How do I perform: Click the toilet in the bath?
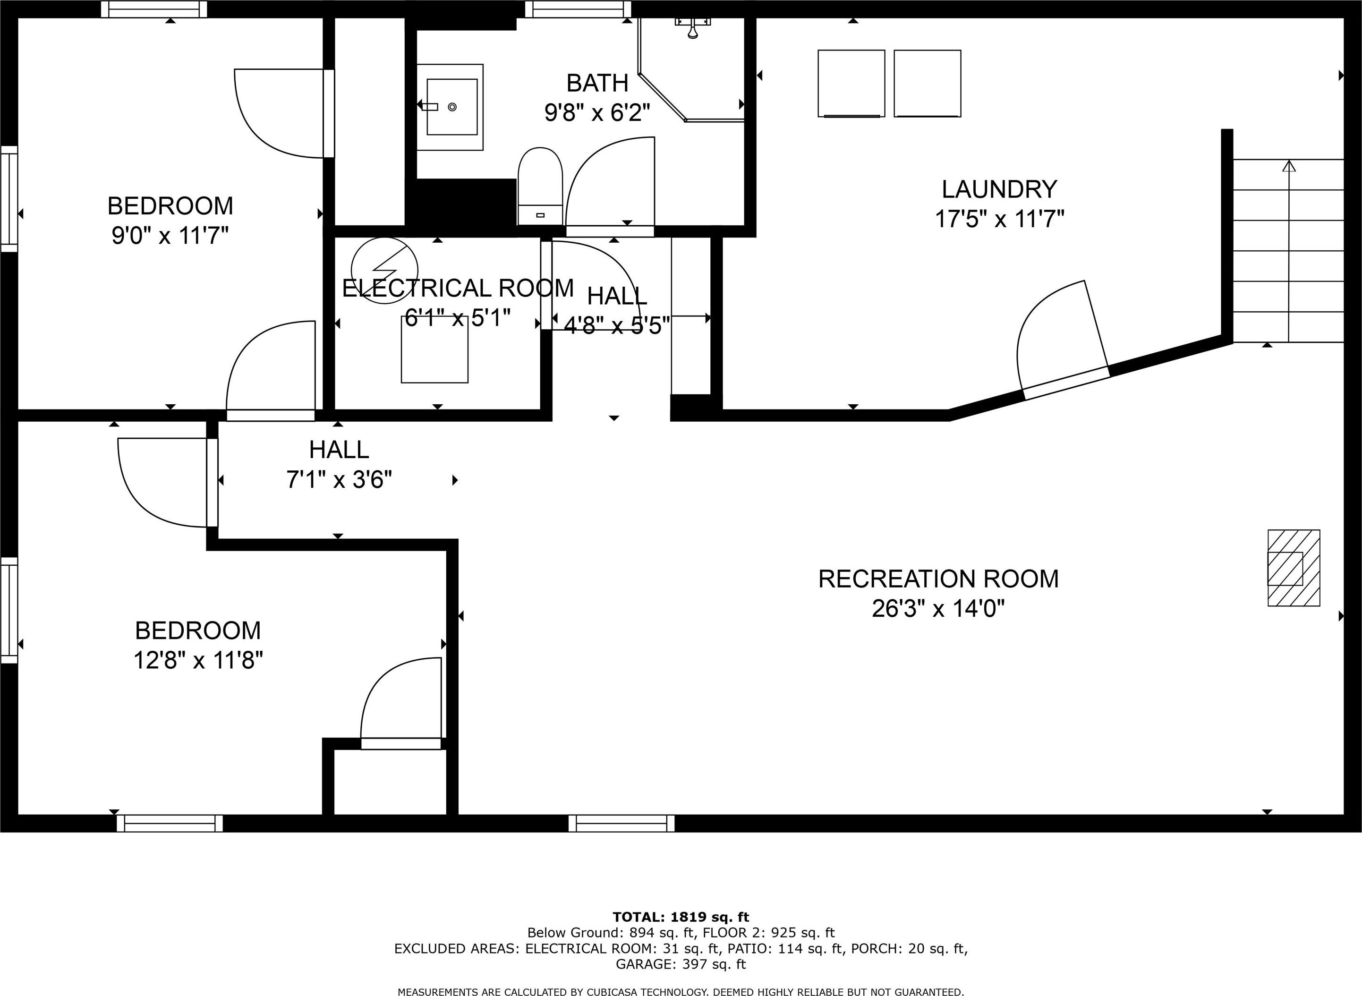(540, 186)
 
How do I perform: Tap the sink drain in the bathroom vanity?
(452, 107)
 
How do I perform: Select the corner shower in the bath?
(691, 69)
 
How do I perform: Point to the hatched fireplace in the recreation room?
(1294, 568)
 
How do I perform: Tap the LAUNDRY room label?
(999, 189)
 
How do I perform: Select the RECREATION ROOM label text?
(938, 579)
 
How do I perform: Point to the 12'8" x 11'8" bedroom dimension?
(198, 661)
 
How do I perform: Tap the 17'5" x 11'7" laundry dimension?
(999, 219)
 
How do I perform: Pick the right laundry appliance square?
(928, 83)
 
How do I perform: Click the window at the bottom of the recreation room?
(621, 823)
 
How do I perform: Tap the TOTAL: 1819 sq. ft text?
(681, 917)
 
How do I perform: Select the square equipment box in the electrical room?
(434, 349)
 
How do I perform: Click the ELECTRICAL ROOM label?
(458, 288)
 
